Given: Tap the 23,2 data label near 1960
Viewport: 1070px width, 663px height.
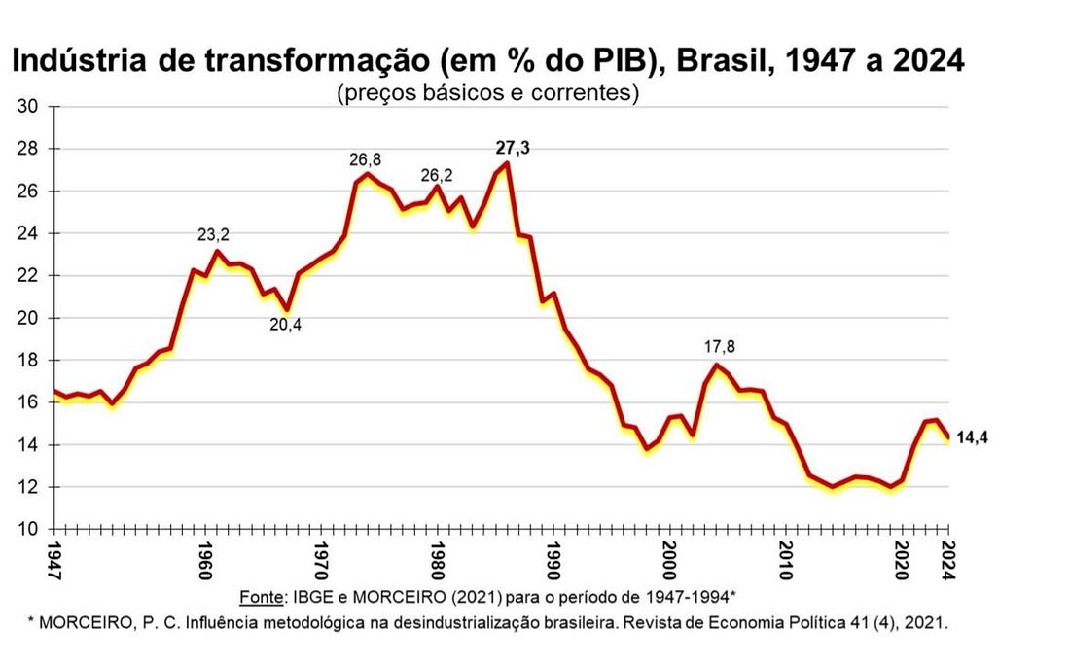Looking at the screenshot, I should tap(213, 234).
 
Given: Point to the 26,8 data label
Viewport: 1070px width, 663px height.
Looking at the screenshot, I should tap(368, 159).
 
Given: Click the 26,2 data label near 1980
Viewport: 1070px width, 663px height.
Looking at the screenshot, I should tap(437, 175).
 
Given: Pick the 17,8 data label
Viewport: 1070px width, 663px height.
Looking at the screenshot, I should tap(717, 347).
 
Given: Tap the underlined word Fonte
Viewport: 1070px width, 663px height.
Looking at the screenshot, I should tap(260, 596).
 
